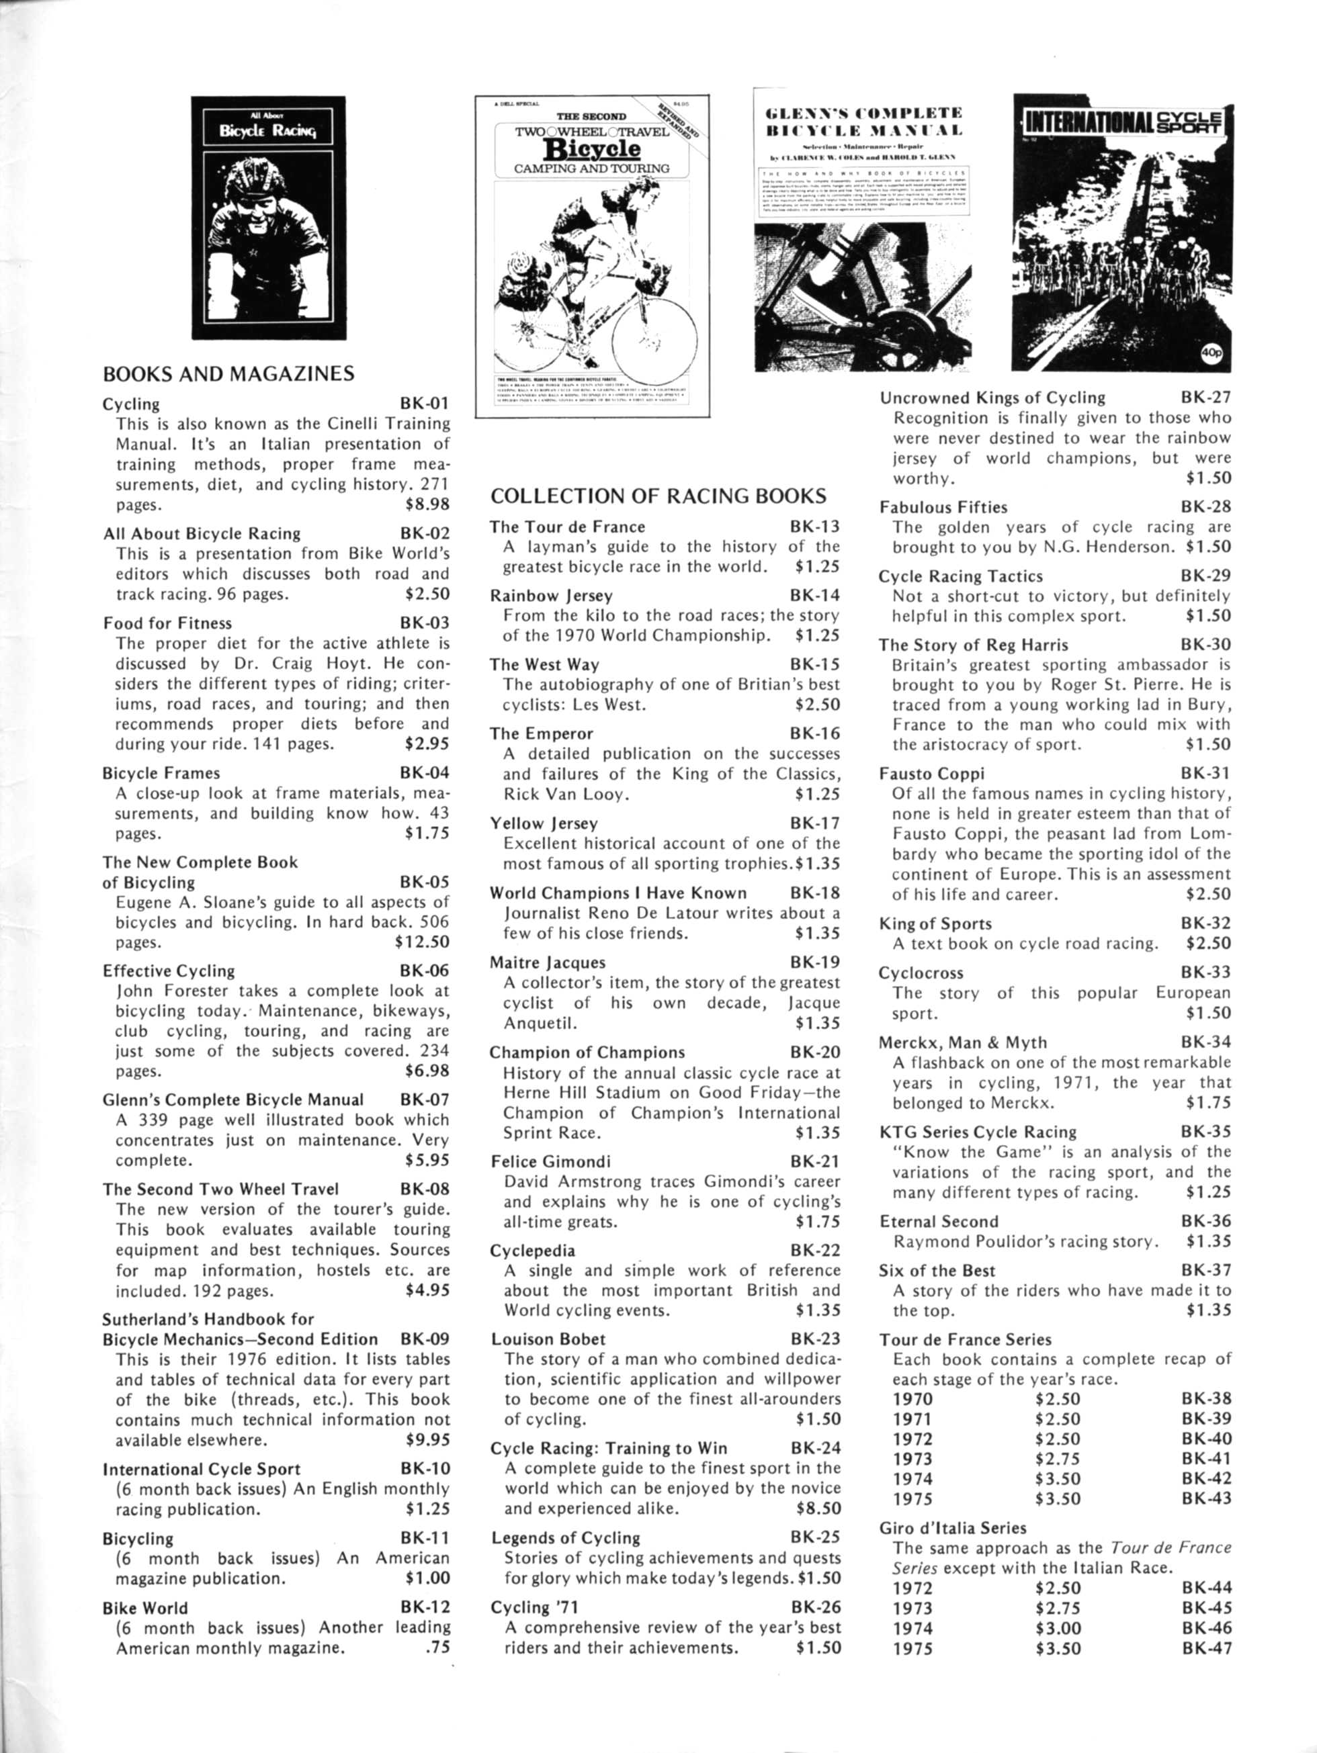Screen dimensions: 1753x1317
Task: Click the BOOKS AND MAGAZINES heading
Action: [228, 373]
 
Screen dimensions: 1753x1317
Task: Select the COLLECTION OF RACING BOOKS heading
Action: [658, 496]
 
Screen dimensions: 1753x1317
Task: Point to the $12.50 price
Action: [422, 942]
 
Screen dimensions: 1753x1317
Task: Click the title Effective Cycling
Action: [169, 971]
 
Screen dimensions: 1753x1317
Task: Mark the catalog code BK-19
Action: [815, 962]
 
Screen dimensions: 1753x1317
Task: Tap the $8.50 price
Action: [818, 1508]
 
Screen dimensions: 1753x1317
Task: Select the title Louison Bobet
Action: [548, 1339]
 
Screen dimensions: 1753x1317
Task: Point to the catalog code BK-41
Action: [1206, 1458]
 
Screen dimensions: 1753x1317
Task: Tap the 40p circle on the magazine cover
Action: [1211, 357]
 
